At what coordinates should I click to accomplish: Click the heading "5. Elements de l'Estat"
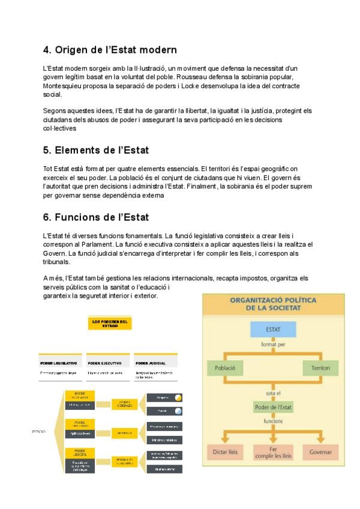pos(96,149)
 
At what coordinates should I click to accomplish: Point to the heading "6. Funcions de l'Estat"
pos(96,216)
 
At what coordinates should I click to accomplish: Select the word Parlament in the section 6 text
pos(97,245)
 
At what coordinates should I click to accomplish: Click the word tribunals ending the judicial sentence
pos(56,262)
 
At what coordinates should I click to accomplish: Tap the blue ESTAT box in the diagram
pos(273,330)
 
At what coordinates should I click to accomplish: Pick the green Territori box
pos(317,367)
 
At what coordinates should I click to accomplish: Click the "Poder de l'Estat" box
pos(273,408)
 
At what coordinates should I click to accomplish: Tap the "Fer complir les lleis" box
pos(273,451)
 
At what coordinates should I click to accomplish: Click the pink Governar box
pos(320,451)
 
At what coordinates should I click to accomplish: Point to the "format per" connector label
pos(273,345)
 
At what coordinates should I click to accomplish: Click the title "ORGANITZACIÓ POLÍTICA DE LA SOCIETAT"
pos(273,303)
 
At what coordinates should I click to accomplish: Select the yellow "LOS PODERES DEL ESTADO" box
pos(110,323)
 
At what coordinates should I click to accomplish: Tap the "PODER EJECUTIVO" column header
pos(105,363)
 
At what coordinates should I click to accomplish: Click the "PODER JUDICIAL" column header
pos(151,363)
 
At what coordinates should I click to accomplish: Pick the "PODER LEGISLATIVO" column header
pos(58,363)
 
